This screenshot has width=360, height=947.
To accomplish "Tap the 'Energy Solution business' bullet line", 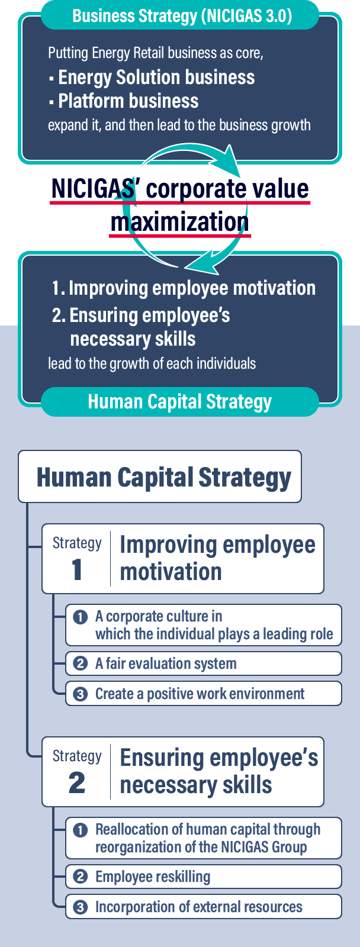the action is click(152, 78).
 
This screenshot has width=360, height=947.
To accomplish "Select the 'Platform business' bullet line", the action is click(124, 101).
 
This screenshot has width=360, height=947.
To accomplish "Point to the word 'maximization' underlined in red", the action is click(180, 222).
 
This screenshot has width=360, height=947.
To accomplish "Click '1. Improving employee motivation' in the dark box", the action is click(184, 288).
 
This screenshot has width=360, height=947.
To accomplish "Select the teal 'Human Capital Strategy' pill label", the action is click(180, 402).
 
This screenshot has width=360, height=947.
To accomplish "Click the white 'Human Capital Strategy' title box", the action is click(160, 476).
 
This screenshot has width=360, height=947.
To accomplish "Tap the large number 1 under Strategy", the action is click(76, 570).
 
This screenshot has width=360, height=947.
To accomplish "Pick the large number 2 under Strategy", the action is click(76, 783).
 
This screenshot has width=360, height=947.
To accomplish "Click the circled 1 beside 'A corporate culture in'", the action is click(81, 617).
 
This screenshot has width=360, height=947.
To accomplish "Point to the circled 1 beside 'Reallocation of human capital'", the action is click(81, 830).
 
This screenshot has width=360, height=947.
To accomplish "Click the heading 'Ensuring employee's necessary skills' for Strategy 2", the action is click(218, 771).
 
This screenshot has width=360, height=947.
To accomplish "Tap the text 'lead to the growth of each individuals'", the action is click(152, 363).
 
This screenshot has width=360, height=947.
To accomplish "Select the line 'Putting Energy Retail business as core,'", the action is click(156, 53).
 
